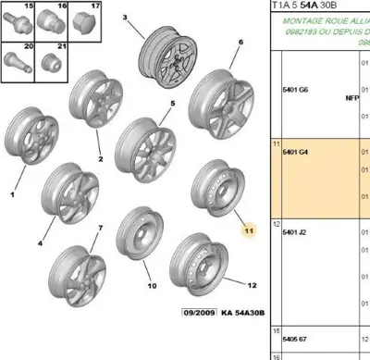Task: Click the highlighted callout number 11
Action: point(247,230)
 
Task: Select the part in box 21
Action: point(51,67)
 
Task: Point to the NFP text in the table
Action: point(351,96)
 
